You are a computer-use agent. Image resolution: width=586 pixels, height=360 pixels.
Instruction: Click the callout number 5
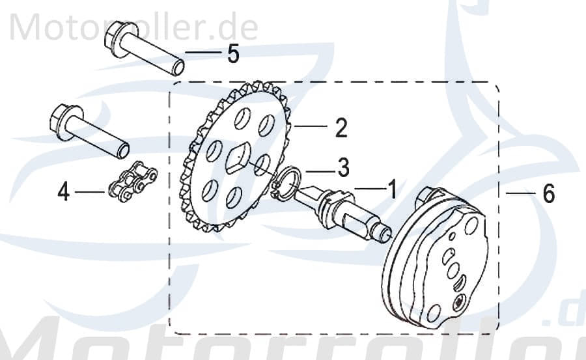click(233, 54)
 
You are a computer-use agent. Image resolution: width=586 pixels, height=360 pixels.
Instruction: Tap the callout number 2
click(341, 128)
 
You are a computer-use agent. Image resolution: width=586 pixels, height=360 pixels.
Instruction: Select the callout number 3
click(342, 167)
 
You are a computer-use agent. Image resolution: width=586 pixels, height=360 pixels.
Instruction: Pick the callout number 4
click(63, 192)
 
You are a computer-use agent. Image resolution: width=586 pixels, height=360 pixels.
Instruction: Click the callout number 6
click(548, 193)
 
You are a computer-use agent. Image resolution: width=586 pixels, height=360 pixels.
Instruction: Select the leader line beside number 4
click(90, 193)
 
